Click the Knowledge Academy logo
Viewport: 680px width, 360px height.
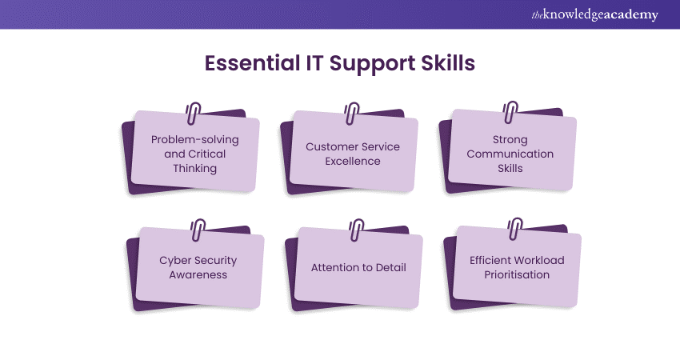(x=594, y=14)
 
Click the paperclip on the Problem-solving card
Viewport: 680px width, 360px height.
(x=194, y=113)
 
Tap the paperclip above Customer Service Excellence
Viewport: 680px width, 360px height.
(x=352, y=114)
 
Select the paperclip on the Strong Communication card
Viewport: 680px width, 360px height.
(x=510, y=112)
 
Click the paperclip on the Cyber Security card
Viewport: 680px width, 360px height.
(x=198, y=230)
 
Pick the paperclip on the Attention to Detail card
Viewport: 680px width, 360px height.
(x=357, y=230)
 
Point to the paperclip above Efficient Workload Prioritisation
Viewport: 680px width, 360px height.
(x=514, y=229)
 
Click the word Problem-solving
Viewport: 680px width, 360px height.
(x=194, y=140)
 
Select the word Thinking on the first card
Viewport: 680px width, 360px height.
(x=194, y=169)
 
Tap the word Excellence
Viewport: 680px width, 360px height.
(x=353, y=162)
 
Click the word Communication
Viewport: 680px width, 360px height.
(x=510, y=154)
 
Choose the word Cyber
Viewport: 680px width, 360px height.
(x=174, y=261)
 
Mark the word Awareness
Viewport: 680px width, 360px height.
(x=198, y=275)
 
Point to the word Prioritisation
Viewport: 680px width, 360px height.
(x=517, y=275)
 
